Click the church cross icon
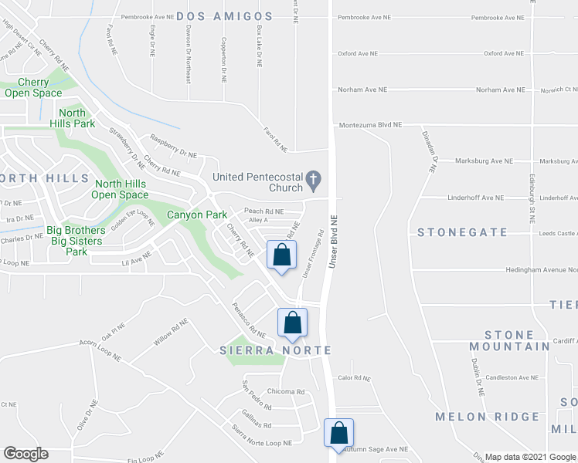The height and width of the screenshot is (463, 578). [314, 182]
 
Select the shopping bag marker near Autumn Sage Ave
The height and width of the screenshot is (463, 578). [338, 432]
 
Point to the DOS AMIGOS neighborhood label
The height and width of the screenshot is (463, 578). [225, 16]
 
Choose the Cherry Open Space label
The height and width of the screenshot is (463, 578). [33, 88]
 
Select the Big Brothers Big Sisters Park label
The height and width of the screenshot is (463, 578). [76, 241]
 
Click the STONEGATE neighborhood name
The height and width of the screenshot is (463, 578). [463, 232]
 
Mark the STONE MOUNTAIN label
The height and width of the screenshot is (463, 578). [509, 340]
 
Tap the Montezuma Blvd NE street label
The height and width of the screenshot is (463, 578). [371, 124]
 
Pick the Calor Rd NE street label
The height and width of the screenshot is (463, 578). [355, 378]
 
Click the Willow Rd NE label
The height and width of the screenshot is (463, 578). [171, 331]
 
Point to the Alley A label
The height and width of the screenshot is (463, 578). [258, 220]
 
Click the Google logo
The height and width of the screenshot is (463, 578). [25, 454]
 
